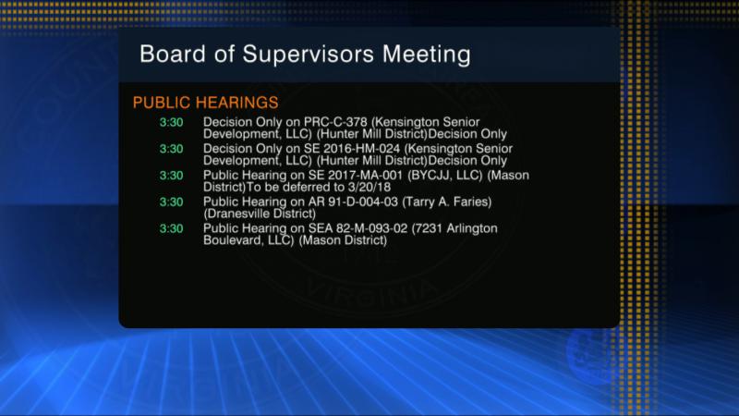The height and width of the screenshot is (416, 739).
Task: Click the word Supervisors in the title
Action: click(309, 55)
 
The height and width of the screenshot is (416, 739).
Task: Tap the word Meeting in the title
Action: click(426, 55)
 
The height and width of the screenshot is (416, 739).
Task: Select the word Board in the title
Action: click(173, 54)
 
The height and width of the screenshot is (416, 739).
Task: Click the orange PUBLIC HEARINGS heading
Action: click(205, 103)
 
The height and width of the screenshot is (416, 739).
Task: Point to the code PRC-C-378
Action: click(335, 122)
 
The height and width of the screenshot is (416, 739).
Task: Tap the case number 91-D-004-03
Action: click(362, 202)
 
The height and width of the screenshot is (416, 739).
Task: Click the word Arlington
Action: click(472, 228)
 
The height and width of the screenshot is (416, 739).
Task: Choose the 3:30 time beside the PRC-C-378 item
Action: click(171, 123)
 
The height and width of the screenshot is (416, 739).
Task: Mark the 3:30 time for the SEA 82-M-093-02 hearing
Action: click(171, 228)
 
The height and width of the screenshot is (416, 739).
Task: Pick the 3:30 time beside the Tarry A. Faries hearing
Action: click(171, 202)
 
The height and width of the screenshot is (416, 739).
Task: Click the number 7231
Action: click(427, 228)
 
